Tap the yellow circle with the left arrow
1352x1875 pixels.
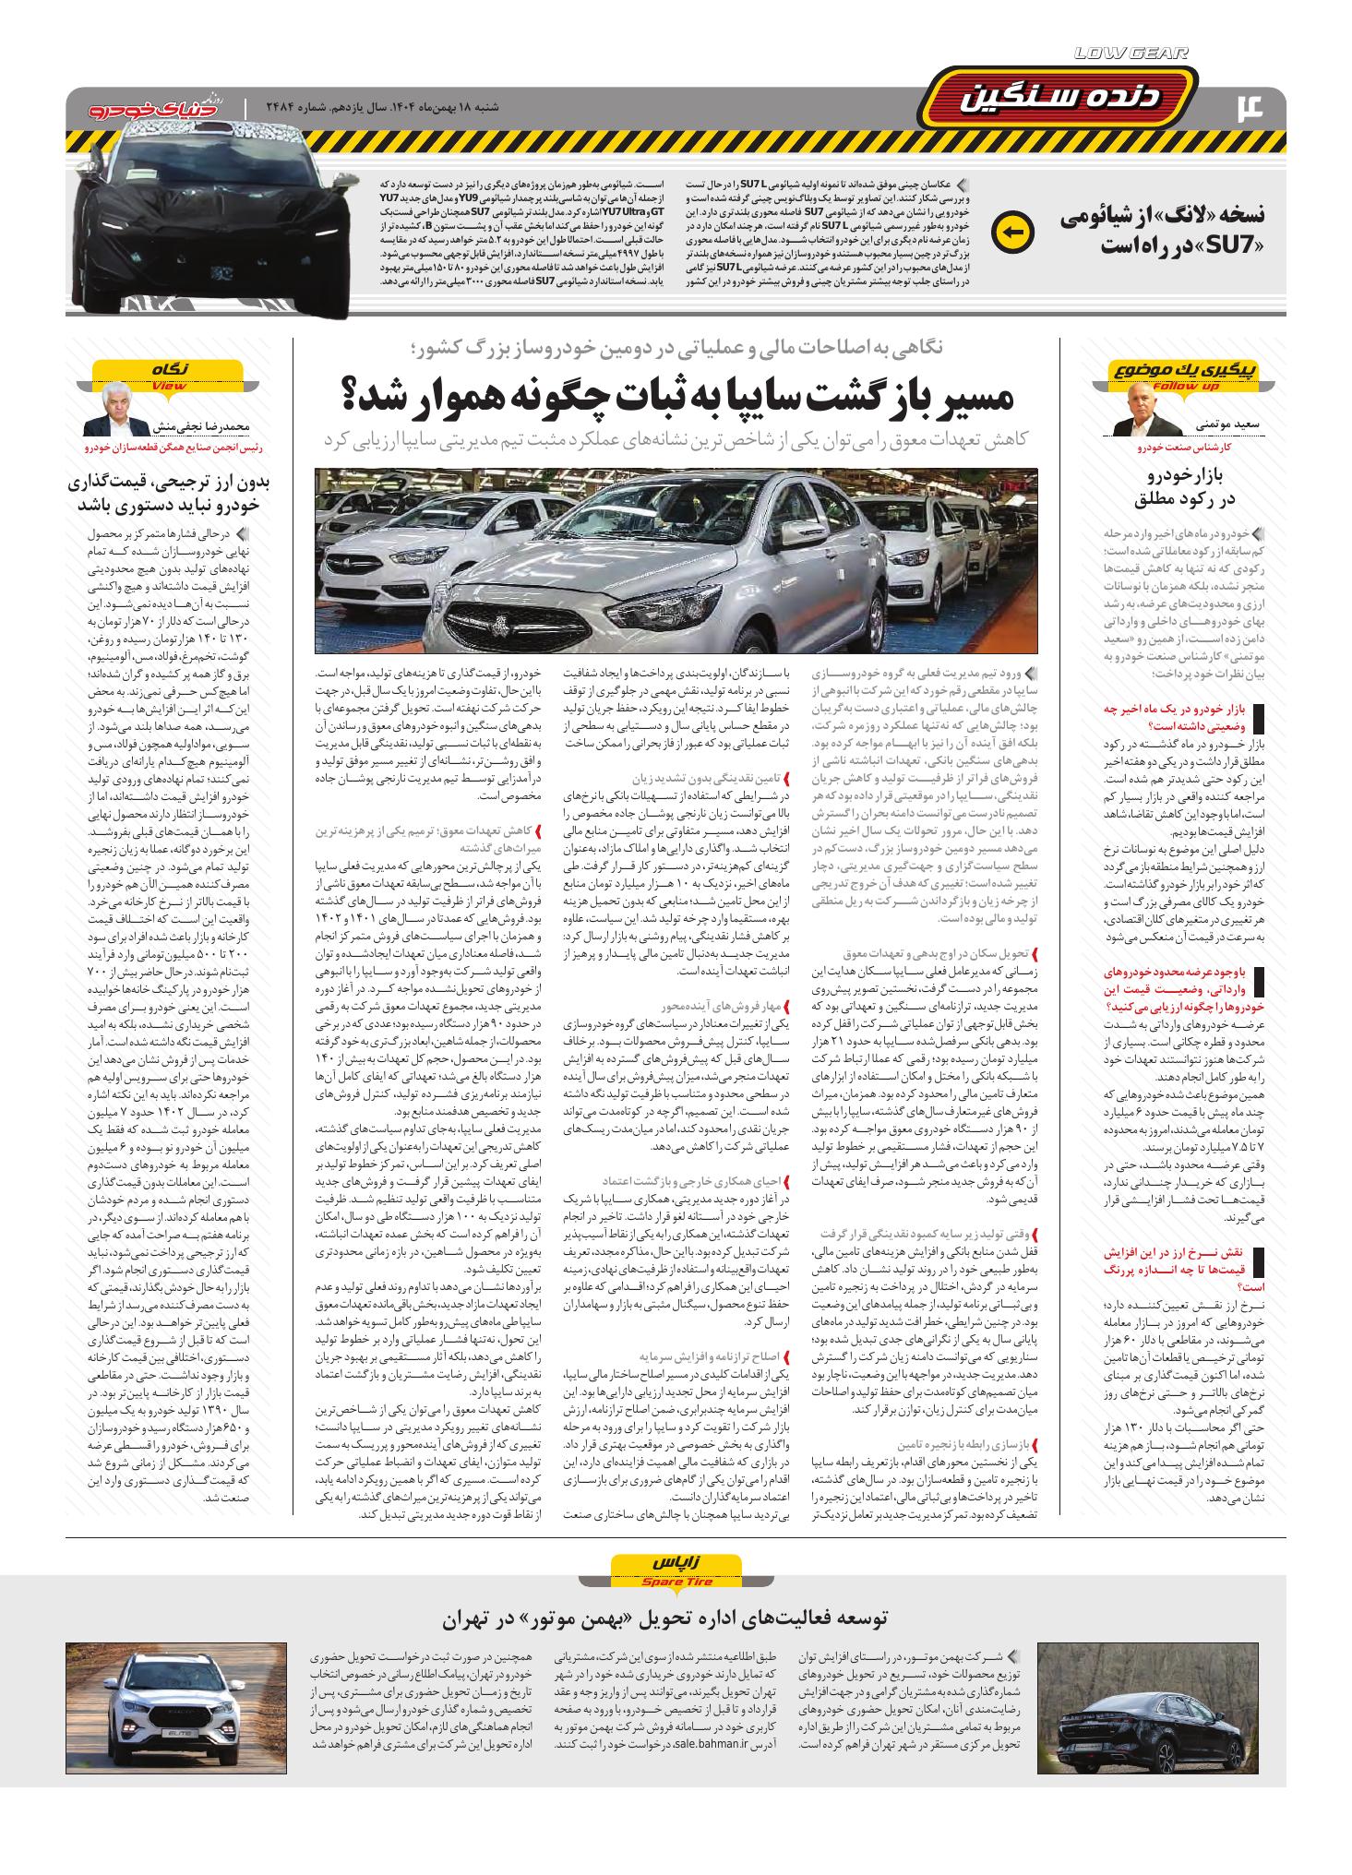[x=1013, y=231]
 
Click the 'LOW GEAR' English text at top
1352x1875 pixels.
[x=1131, y=54]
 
